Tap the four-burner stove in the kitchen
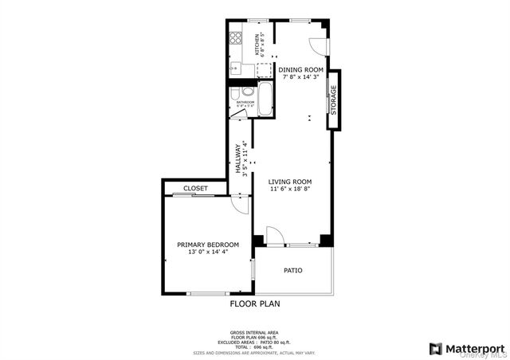point(237,39)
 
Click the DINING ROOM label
point(300,69)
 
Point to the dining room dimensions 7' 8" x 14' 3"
point(300,77)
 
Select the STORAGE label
point(334,99)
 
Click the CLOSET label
point(195,189)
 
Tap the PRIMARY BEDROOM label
point(207,245)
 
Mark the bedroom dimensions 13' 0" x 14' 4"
point(207,252)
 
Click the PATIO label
point(293,270)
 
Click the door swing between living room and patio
point(273,236)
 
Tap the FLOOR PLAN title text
point(255,303)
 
